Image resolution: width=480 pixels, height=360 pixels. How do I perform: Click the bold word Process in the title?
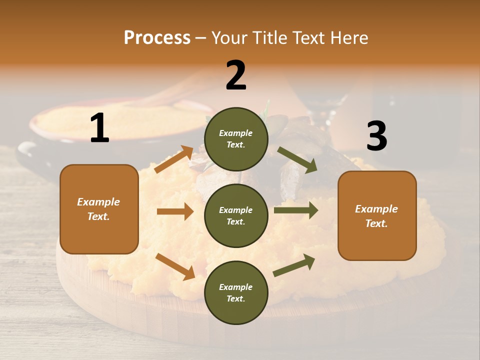(x=157, y=38)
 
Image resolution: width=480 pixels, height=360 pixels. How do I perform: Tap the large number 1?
(x=99, y=128)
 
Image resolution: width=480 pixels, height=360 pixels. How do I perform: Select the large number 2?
(x=236, y=75)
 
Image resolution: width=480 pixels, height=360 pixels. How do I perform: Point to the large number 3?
(x=376, y=136)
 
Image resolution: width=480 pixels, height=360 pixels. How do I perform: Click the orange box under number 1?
(x=99, y=209)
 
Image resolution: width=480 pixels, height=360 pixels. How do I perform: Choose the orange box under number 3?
(x=377, y=216)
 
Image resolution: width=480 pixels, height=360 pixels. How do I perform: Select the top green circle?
(x=236, y=139)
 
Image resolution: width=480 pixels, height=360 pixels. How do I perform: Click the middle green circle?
(x=236, y=216)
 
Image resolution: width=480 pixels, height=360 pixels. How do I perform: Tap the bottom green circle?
(x=236, y=293)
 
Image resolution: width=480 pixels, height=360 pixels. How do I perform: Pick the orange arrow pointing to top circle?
(x=174, y=159)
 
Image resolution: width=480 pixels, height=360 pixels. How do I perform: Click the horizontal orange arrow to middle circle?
(x=175, y=211)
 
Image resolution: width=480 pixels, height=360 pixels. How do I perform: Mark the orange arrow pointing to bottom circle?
(x=175, y=266)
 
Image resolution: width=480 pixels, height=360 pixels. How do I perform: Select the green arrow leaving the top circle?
(x=297, y=160)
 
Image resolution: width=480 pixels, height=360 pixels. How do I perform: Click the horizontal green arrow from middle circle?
(x=296, y=210)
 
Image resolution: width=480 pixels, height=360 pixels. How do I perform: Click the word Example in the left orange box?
(x=98, y=202)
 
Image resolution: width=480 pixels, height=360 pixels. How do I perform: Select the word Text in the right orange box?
(x=376, y=223)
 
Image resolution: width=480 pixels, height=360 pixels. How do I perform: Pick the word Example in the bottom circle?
(x=236, y=287)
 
